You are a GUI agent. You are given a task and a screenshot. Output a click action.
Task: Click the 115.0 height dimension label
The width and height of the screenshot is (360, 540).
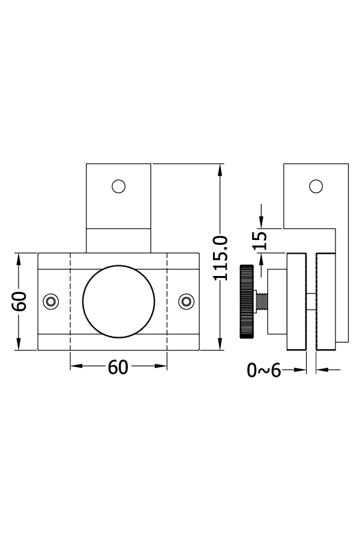coord(220,258)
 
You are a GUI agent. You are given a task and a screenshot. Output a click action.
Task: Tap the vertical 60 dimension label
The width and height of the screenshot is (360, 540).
coord(20,301)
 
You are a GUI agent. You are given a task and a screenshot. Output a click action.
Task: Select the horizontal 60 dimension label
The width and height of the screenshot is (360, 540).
coord(118,367)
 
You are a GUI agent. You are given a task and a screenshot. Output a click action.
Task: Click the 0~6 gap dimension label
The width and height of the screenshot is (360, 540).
coord(264,371)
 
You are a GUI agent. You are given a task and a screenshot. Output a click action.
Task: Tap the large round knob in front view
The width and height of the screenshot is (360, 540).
coord(119,302)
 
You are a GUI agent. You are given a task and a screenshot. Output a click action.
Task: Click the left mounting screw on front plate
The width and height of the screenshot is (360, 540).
coord(50,302)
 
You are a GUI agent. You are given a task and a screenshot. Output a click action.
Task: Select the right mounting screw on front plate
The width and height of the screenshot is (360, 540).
coord(187,302)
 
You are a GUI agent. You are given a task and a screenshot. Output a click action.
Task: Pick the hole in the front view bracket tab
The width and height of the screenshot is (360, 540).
coord(119,187)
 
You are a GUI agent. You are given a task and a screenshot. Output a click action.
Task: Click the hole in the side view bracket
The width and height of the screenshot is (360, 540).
coord(316,187)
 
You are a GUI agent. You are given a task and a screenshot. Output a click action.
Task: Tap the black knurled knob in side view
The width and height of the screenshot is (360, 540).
coord(247,302)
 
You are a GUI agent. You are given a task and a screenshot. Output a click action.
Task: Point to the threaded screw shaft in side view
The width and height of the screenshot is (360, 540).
coord(261,302)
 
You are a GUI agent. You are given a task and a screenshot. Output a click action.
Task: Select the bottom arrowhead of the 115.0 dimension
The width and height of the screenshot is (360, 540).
coord(220,344)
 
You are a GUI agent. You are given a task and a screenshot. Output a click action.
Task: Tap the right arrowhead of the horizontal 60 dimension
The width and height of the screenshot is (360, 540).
coord(161,366)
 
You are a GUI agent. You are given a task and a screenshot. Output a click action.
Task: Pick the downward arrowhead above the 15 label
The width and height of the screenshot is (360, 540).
coord(261,221)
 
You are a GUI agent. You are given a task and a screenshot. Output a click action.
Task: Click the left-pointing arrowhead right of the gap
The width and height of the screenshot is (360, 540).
coord(322,370)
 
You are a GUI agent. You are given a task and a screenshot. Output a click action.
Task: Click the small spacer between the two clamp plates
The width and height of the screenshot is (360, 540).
coord(311,302)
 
